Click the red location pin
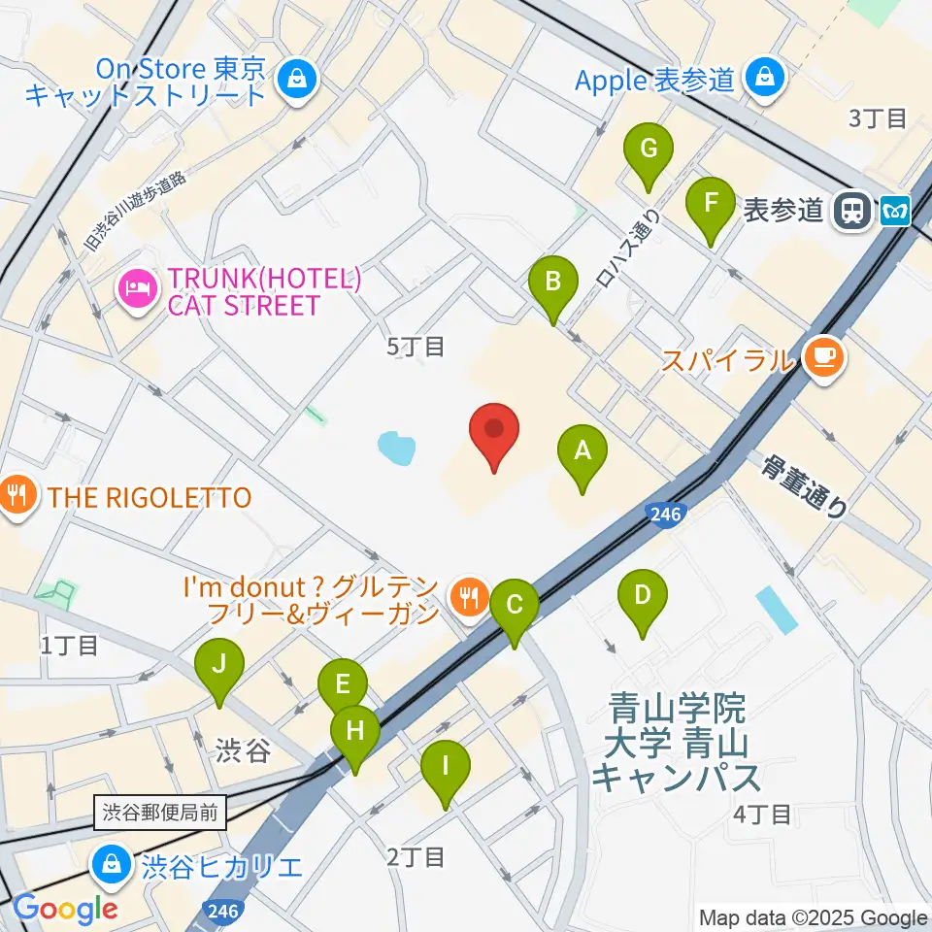point(494,431)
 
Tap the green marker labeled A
point(582,452)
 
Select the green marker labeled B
point(552,284)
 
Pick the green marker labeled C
point(514,607)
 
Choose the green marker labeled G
point(649,151)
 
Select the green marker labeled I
point(446,768)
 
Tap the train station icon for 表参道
point(853,209)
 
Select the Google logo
point(65,908)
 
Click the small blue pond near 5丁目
point(396,448)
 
